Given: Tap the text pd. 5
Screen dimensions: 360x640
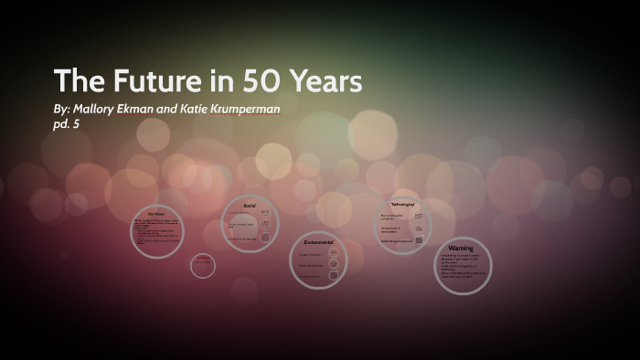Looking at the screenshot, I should (67, 123).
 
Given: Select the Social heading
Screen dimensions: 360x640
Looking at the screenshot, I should (249, 206).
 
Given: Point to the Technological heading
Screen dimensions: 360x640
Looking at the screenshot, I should (403, 204).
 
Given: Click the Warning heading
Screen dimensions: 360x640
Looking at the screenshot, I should (462, 249).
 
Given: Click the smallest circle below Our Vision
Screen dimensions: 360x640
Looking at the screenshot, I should (203, 266).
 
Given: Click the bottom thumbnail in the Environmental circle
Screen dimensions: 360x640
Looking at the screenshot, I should (335, 277).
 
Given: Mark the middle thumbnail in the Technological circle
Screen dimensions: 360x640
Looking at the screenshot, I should (419, 228).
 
